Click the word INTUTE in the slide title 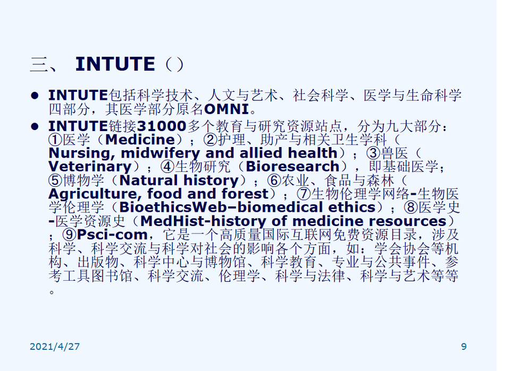(115, 64)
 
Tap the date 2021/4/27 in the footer (55, 346)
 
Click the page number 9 (464, 346)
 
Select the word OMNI (226, 109)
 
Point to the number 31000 (162, 126)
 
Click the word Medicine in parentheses (140, 140)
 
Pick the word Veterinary (90, 167)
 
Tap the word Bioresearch (292, 167)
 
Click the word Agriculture (95, 194)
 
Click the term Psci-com (112, 235)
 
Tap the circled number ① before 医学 (55, 140)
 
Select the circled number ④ (167, 167)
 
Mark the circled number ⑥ (274, 180)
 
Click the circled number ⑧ (410, 208)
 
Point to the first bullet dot (35, 96)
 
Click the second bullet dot (35, 126)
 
